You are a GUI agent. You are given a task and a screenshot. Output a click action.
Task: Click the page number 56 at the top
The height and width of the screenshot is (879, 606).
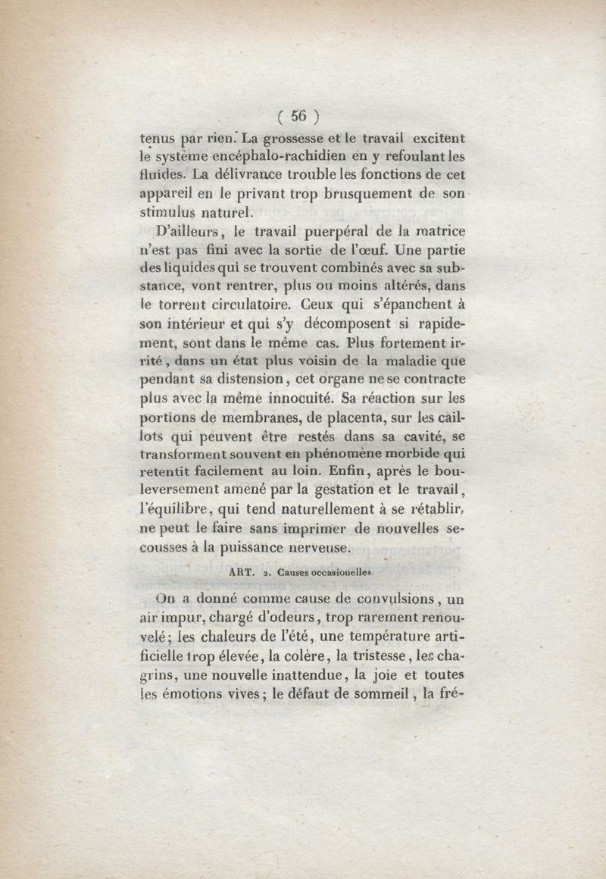tap(297, 116)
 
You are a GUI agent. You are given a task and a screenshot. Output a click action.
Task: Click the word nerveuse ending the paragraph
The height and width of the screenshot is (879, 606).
tap(316, 545)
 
